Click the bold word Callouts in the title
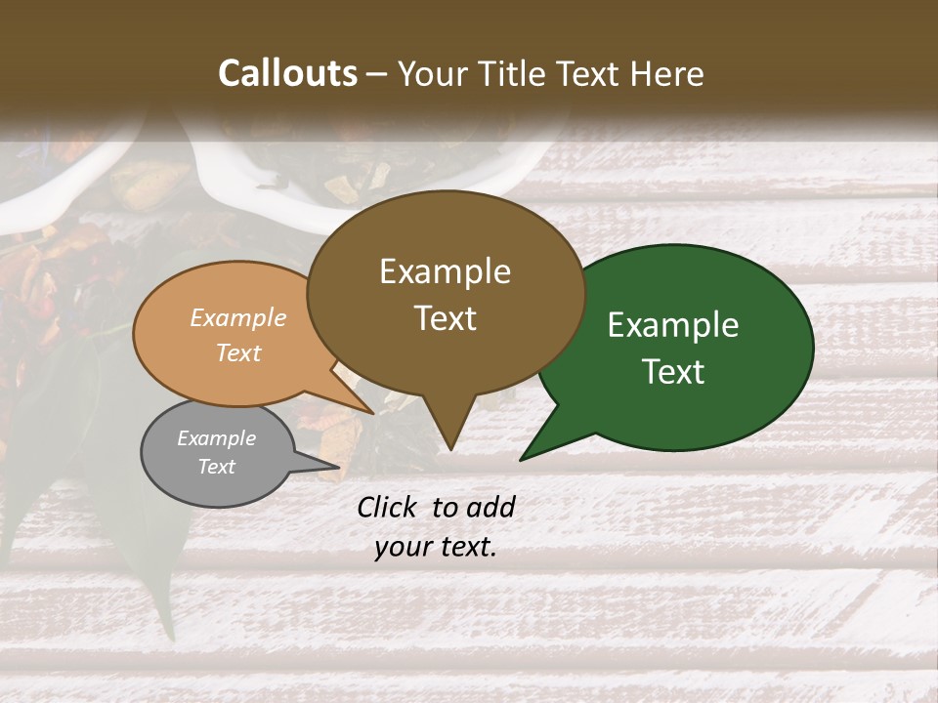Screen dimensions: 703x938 pyautogui.click(x=287, y=73)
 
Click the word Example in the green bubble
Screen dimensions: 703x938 pyautogui.click(x=673, y=325)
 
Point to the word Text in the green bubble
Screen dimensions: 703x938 pyautogui.click(x=673, y=372)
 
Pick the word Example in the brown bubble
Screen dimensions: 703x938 pyautogui.click(x=445, y=271)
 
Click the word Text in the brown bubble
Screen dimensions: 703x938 pyautogui.click(x=445, y=318)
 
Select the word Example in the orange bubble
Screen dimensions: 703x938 pyautogui.click(x=238, y=318)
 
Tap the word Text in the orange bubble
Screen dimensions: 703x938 pyautogui.click(x=238, y=353)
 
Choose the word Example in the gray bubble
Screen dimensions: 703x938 pyautogui.click(x=216, y=438)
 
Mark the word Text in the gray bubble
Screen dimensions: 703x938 pyautogui.click(x=216, y=467)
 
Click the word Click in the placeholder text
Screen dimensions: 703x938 pyautogui.click(x=388, y=507)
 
